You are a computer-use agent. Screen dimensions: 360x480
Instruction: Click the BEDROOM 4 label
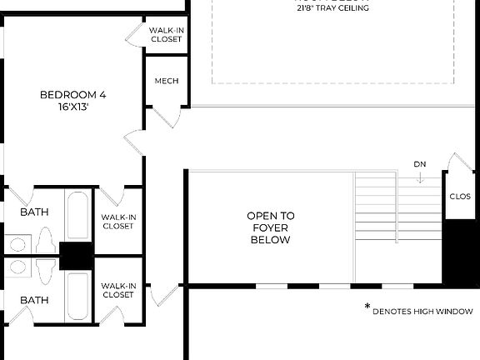[x=72, y=94]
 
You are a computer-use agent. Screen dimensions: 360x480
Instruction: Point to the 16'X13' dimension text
[x=72, y=107]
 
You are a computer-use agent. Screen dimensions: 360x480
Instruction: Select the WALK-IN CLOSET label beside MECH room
[x=166, y=34]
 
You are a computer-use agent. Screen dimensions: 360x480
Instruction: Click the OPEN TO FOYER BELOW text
[x=270, y=227]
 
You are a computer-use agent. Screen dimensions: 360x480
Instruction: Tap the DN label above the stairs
[x=420, y=163]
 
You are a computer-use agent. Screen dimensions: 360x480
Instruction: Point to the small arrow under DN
[x=420, y=177]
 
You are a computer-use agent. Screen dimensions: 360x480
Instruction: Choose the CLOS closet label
[x=460, y=197]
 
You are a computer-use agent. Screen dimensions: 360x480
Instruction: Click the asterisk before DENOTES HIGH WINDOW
[x=367, y=307]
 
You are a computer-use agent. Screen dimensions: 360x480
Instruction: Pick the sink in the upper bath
[x=17, y=244]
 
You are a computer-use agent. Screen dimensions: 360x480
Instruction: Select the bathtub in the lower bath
[x=77, y=296]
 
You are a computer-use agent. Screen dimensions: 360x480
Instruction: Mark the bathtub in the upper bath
[x=77, y=217]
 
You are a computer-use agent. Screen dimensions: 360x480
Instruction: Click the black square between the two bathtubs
[x=76, y=256]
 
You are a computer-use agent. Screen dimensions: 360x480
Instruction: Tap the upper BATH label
[x=34, y=212]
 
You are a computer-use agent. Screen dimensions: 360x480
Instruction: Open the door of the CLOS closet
[x=457, y=162]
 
